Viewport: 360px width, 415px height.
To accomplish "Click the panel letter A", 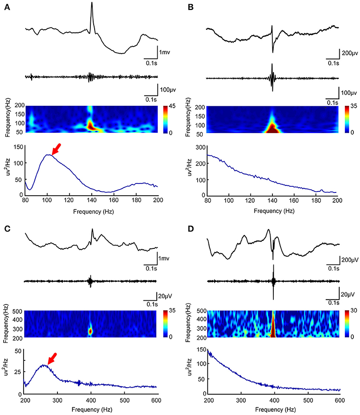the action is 7,8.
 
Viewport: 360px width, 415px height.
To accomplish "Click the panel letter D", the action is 191,229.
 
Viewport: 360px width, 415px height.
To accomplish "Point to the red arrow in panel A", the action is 56,149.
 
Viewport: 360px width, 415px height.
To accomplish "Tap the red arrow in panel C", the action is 52,359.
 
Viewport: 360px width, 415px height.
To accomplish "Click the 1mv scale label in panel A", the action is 164,52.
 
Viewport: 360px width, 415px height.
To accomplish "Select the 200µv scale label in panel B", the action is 350,53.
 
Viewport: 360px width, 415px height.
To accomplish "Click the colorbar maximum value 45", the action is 172,106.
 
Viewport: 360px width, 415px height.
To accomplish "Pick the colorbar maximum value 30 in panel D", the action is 354,311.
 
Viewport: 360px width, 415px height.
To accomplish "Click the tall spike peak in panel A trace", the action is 92,3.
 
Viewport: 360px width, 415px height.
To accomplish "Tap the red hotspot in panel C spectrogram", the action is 90,331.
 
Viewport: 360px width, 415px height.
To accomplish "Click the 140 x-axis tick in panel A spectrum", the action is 92,200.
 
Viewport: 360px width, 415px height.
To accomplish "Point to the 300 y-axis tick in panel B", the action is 200,147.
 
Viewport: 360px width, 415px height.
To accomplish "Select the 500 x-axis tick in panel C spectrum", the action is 124,400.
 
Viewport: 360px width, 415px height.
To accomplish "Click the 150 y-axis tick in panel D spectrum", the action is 202,350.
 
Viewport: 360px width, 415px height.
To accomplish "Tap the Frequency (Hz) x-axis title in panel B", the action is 274,211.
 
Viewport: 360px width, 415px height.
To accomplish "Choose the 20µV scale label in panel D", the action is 348,295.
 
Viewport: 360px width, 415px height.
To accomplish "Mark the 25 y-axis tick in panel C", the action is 18,372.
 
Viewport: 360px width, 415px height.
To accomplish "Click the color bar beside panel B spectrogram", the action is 347,119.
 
